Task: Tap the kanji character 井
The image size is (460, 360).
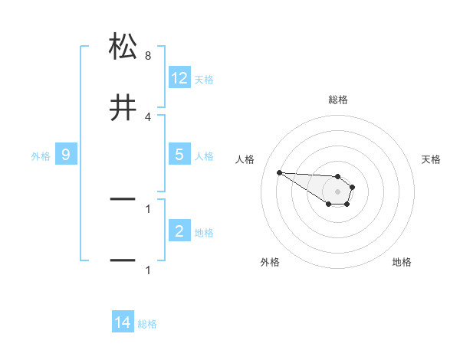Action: (123, 108)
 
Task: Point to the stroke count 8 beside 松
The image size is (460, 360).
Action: (148, 57)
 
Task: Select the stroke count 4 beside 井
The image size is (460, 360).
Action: (148, 116)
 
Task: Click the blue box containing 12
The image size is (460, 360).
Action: (179, 78)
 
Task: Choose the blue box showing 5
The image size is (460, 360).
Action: (179, 155)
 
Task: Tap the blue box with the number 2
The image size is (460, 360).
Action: (179, 231)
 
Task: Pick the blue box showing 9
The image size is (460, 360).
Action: (66, 155)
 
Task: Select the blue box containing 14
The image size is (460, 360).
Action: (123, 323)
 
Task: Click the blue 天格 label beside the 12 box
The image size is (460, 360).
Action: (204, 80)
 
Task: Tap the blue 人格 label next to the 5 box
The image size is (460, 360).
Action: (204, 156)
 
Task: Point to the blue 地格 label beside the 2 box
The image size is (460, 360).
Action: (204, 233)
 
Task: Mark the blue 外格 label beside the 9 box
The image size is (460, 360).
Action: (41, 156)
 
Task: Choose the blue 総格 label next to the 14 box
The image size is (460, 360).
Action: (147, 325)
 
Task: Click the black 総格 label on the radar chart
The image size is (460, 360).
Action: (338, 100)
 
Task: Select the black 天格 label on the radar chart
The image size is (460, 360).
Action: (432, 159)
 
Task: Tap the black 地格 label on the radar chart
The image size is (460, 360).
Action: (402, 262)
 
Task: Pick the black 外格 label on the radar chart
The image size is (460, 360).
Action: (270, 262)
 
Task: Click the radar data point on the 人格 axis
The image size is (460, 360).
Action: (279, 172)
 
